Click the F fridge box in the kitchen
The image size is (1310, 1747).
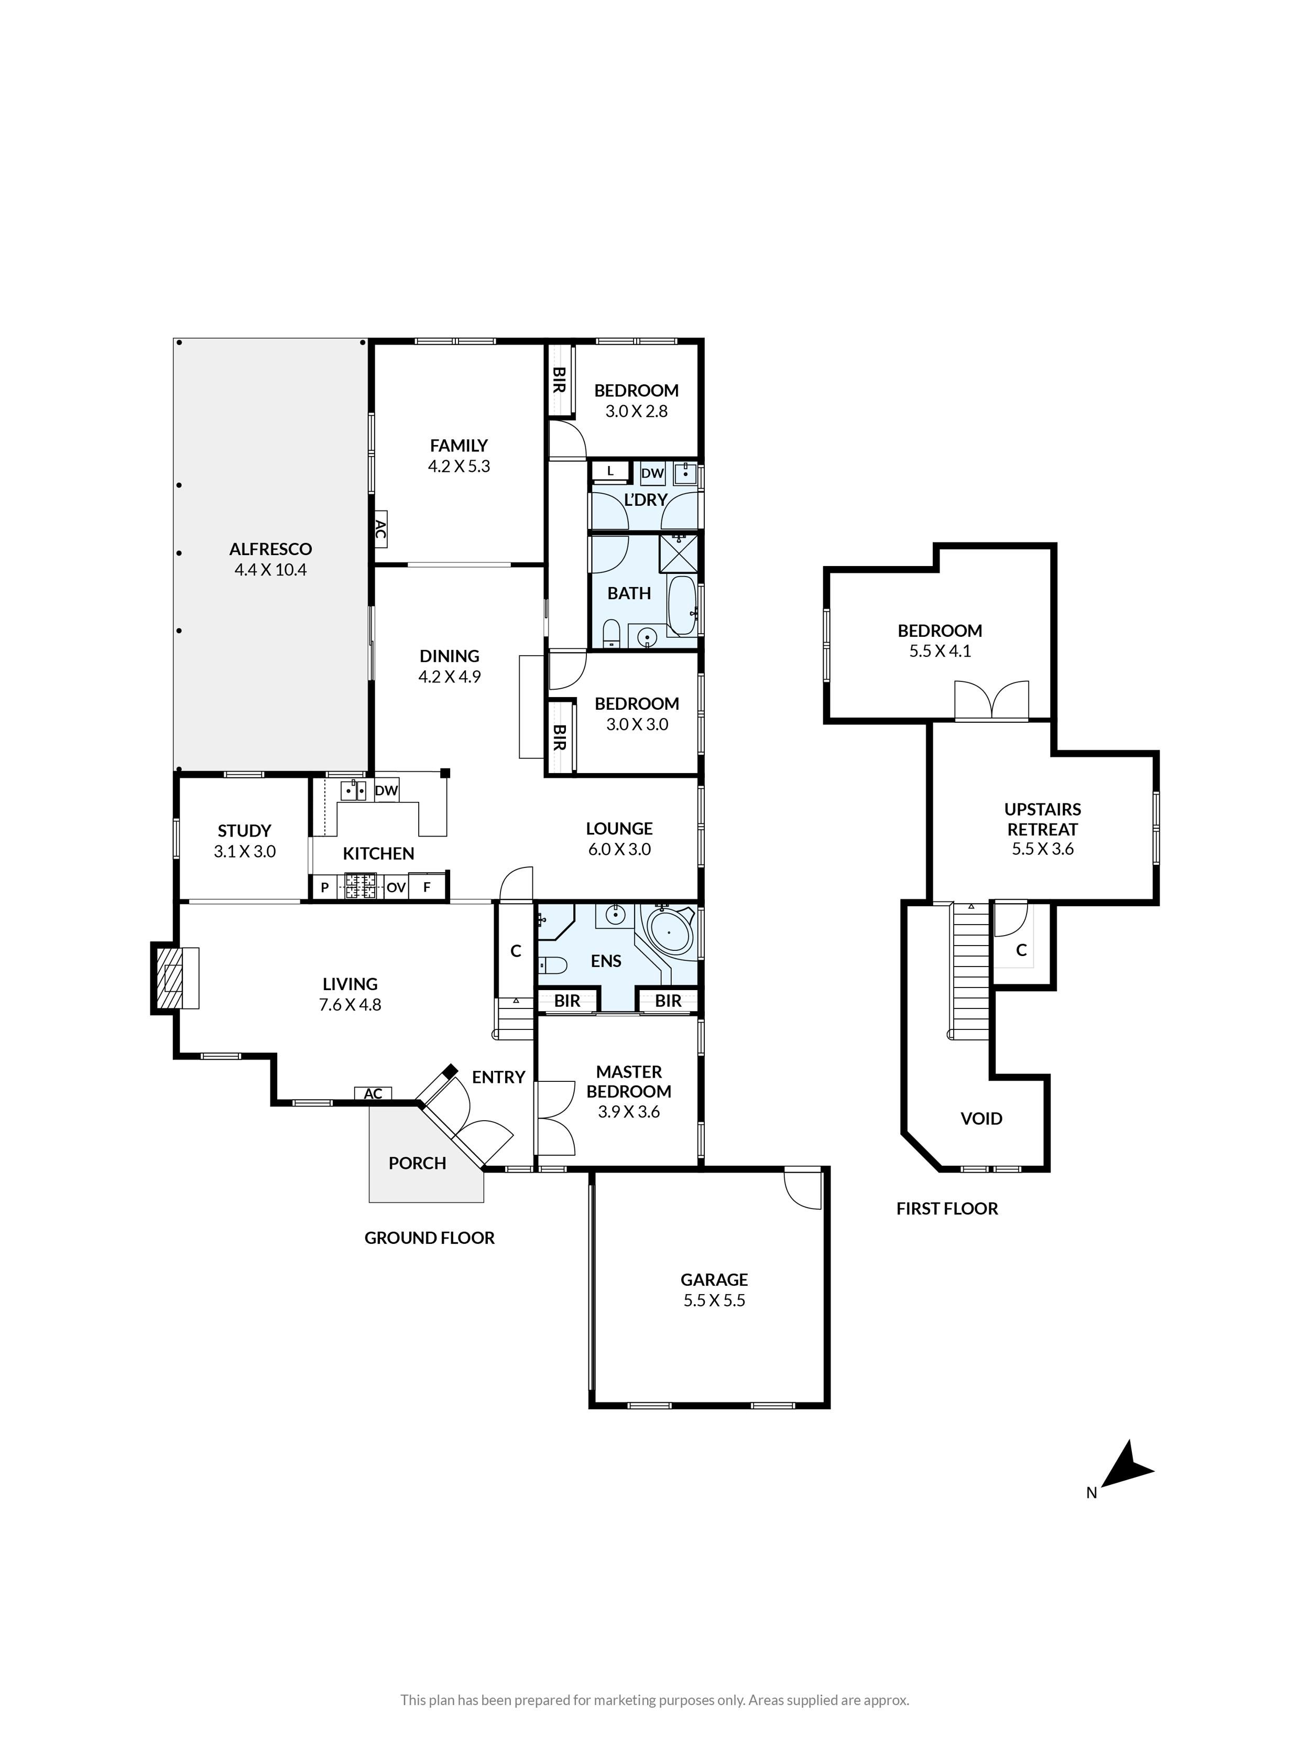click(427, 887)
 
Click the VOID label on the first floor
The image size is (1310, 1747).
click(981, 1119)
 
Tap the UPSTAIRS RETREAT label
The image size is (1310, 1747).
click(1042, 819)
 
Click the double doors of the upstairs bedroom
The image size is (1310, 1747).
click(992, 701)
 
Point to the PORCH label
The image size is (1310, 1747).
click(417, 1163)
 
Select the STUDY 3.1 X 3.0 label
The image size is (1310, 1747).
click(244, 841)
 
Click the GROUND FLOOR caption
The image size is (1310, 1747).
click(430, 1238)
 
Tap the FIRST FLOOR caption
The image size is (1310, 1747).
click(947, 1208)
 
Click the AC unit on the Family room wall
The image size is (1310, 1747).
click(380, 531)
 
